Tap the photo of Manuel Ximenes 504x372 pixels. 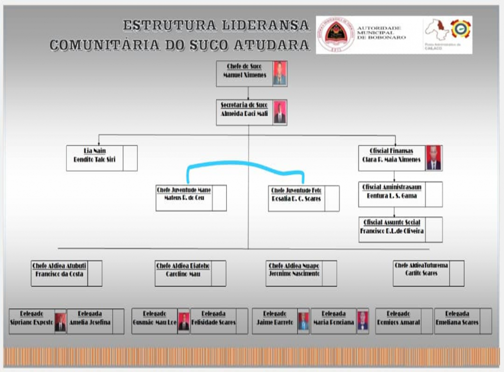[280, 73]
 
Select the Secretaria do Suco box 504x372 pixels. [244, 113]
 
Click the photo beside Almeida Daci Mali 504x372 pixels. [280, 113]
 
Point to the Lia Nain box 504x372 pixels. [96, 158]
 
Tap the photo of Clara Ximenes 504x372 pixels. [434, 158]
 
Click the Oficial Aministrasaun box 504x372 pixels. [392, 194]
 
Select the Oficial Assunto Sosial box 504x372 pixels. [392, 229]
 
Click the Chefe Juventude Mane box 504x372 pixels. [185, 198]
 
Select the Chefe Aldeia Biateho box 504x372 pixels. [183, 273]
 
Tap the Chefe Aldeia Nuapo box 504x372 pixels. [294, 273]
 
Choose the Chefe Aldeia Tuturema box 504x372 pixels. [421, 273]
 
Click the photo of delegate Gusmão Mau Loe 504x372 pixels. [184, 321]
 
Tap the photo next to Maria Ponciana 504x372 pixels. [363, 321]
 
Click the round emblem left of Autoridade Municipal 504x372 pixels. [336, 34]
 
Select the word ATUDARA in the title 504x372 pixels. [271, 45]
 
